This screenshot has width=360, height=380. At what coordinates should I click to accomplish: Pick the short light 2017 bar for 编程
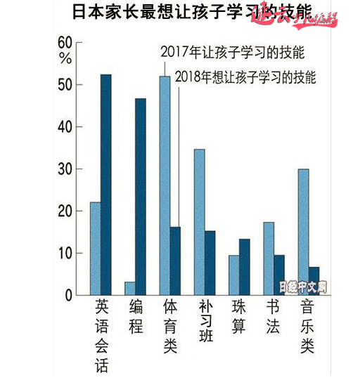pos(129,288)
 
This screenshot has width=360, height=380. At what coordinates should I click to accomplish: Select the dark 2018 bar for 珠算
pos(244,266)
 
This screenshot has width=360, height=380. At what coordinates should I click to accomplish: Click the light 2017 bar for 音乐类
pos(303,231)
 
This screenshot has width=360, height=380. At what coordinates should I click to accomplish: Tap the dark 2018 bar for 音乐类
pos(314,280)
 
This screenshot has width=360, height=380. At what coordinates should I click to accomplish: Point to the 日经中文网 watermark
pos(303,287)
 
